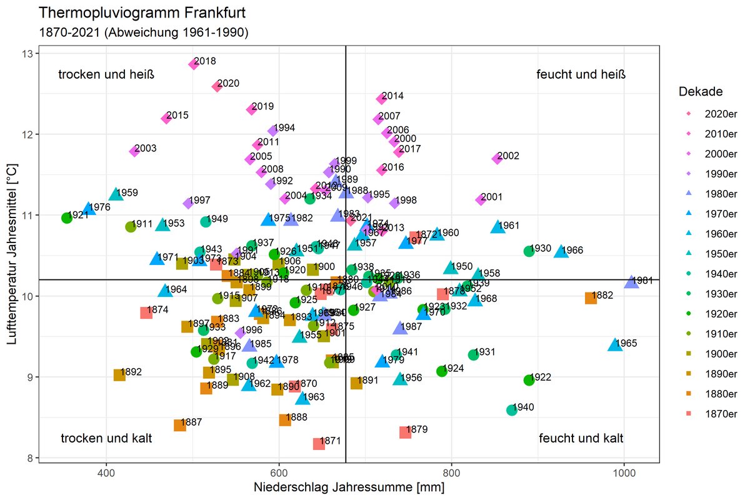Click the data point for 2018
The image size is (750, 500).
pos(194,64)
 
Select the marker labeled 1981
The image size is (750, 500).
pos(631,282)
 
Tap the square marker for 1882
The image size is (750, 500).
pos(591,298)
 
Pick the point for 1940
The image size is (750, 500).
pos(512,409)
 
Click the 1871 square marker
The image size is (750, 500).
pos(319,444)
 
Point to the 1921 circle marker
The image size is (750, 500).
pos(67,217)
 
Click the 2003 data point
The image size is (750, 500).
pos(134,151)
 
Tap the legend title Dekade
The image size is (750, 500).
pos(701,92)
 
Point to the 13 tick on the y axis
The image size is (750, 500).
pos(28,54)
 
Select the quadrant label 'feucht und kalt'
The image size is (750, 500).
pos(581,438)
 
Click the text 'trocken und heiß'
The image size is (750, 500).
pos(106,75)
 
